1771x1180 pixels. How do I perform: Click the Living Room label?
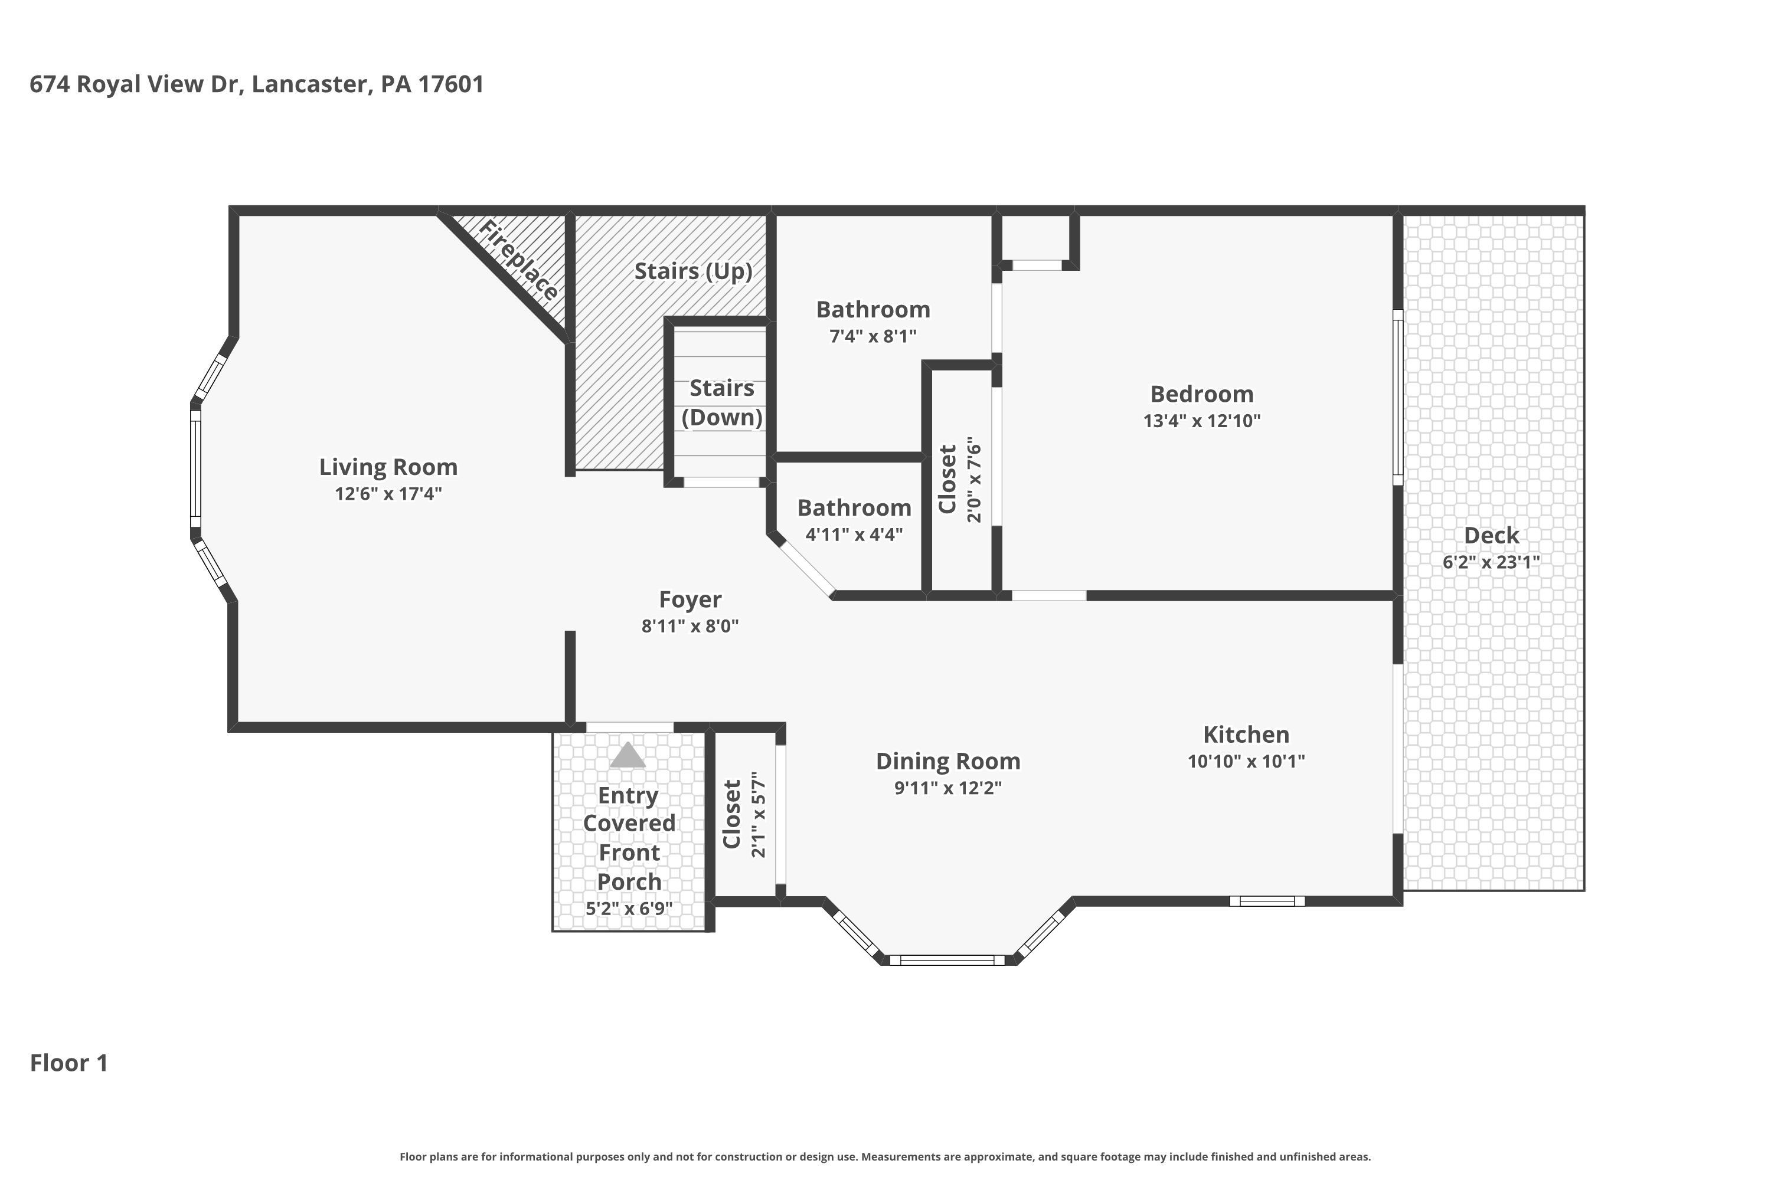388,467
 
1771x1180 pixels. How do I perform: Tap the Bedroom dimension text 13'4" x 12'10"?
1202,421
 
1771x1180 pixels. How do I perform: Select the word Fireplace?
519,260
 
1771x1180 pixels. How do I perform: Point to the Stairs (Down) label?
722,402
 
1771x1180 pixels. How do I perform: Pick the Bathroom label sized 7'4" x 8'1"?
874,309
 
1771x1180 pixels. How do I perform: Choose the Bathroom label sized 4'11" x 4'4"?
855,508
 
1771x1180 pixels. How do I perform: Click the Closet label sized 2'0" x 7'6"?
947,479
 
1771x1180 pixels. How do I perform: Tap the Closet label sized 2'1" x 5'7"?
732,814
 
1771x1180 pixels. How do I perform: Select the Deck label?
1492,536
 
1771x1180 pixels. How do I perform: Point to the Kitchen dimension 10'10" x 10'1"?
1246,761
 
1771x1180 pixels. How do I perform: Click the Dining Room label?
948,762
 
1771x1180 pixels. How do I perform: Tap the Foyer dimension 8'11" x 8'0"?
690,626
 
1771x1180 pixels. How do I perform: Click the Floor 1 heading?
69,1063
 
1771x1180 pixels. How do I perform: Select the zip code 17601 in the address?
451,84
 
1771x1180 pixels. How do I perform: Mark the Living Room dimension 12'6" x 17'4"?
388,494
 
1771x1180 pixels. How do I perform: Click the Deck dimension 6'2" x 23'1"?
1492,562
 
